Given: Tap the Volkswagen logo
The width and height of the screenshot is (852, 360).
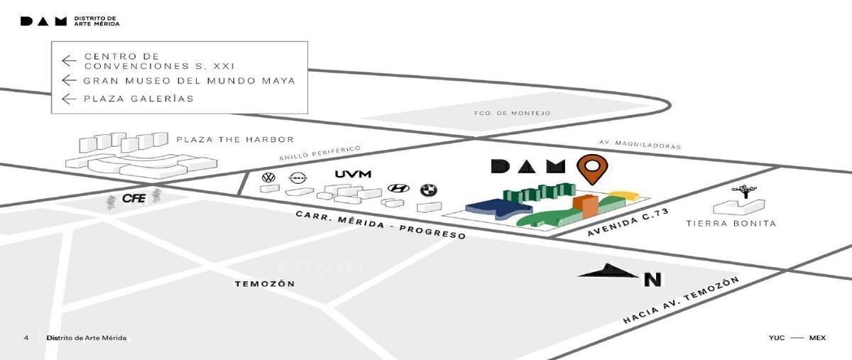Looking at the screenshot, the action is pos(269,178).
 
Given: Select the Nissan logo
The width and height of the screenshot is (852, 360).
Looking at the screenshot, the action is pos(297,178).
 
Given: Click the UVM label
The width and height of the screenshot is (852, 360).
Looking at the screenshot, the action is pos(353,174).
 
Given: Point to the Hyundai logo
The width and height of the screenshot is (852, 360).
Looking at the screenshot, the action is pos(398,188).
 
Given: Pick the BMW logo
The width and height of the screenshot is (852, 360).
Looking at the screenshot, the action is pos(429,190).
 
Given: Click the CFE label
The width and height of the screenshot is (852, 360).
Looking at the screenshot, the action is pos(134,198).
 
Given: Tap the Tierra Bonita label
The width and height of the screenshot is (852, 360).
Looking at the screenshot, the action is pos(731,224).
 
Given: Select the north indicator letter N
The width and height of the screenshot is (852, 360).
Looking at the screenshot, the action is pos(652,280).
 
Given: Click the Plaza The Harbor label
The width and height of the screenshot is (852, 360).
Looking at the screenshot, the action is pos(235,140).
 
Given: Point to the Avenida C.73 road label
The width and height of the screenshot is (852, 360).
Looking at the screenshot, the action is pos(628,222).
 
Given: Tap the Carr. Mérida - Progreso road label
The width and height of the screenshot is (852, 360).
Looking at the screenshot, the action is pos(381,225).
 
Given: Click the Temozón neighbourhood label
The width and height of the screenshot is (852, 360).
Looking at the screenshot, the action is pos(265,284).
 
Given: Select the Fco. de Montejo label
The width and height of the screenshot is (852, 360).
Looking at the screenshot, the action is pos(513,113).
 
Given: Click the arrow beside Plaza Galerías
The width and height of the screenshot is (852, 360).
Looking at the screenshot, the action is pos(69,99).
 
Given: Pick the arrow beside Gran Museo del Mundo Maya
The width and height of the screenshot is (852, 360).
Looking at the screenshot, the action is pos(69,80).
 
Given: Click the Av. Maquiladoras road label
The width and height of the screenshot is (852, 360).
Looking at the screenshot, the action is pos(640,144).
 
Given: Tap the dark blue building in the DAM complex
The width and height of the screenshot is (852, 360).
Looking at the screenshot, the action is pos(498,209).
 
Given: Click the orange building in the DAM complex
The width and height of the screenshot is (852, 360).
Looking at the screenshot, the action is pos(586,206).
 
